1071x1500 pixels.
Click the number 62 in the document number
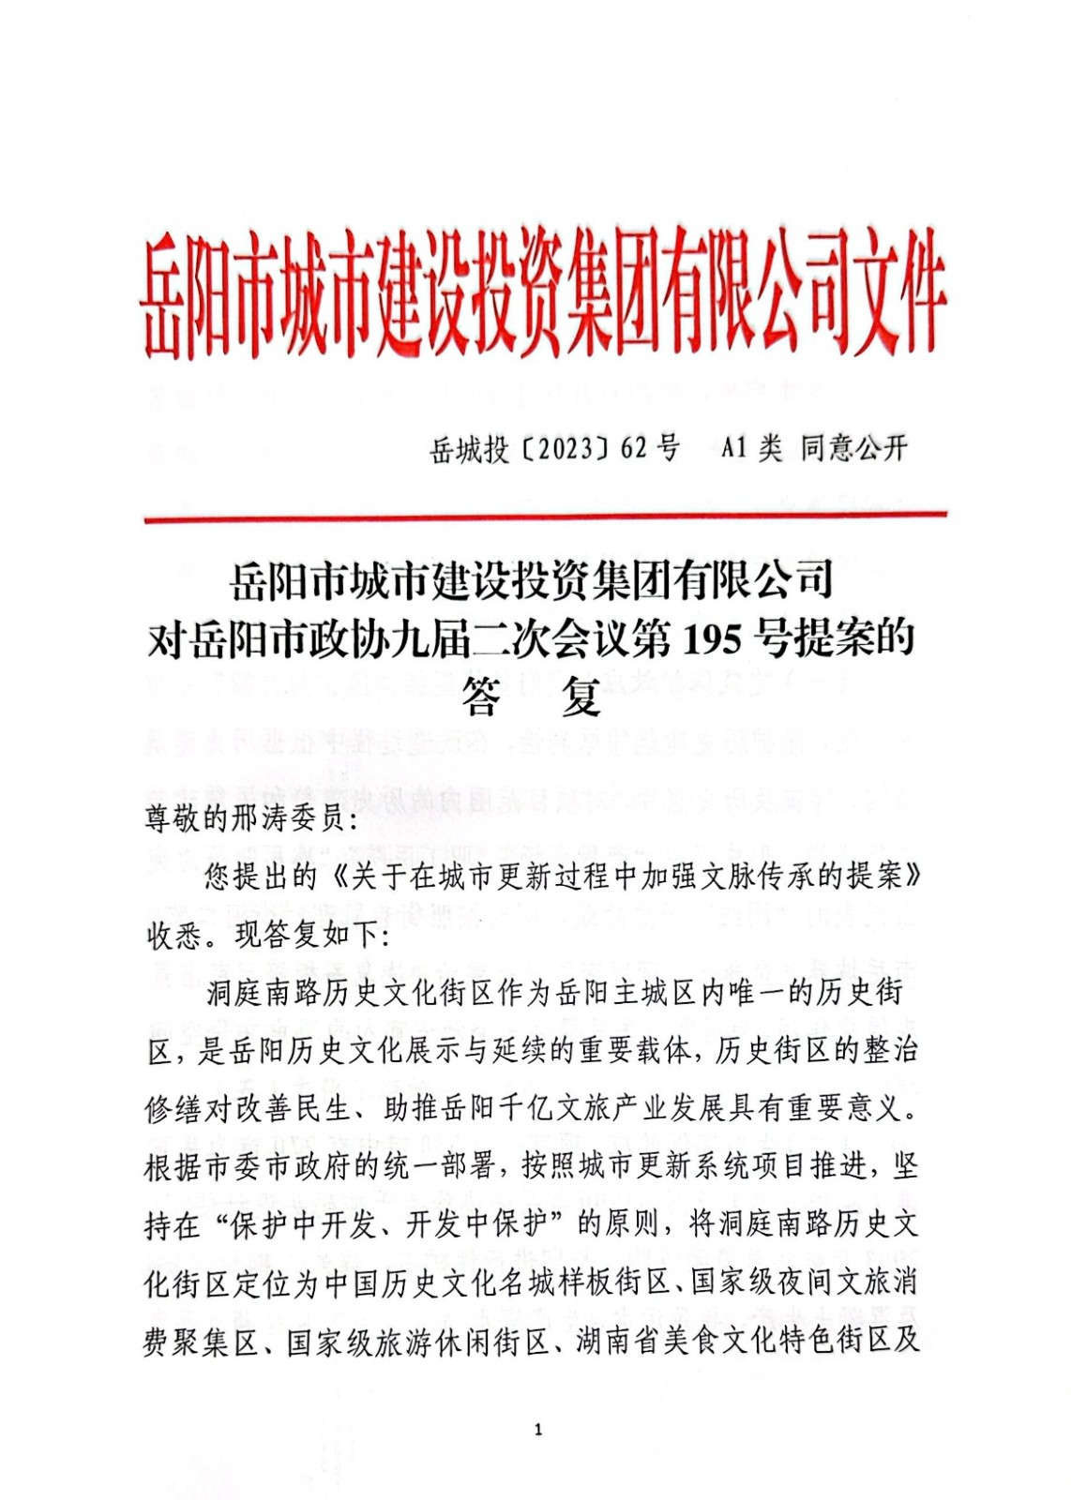pyautogui.click(x=634, y=448)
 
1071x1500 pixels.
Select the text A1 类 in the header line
pyautogui.click(x=750, y=448)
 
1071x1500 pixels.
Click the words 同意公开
pyautogui.click(x=853, y=448)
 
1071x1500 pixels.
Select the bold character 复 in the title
pyautogui.click(x=581, y=697)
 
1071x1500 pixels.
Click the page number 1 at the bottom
pyautogui.click(x=537, y=1430)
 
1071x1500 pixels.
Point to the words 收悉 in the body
pyautogui.click(x=173, y=935)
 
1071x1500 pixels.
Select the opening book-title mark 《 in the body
pyautogui.click(x=334, y=877)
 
